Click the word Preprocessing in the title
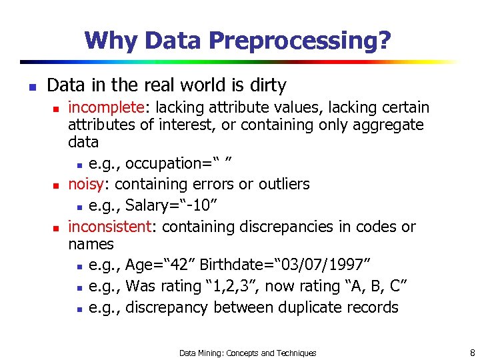300,41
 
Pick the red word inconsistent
111,227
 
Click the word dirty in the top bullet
267,85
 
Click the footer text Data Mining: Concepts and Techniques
248,353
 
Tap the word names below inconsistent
91,244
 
